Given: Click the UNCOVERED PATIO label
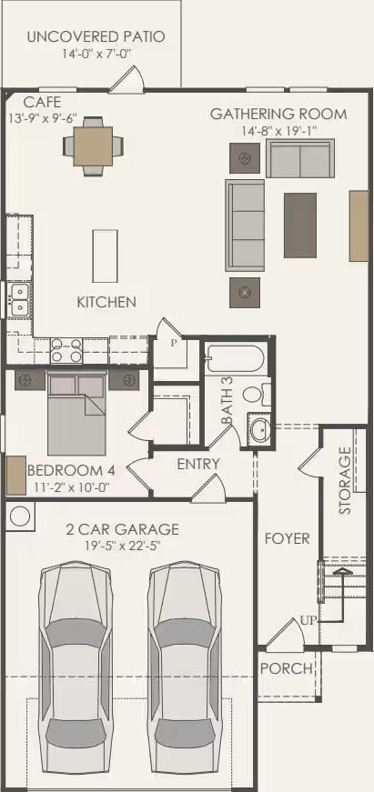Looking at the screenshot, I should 96,37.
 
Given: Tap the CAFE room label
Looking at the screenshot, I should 43,102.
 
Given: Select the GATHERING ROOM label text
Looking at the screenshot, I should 278,114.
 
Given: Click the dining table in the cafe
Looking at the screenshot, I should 92,144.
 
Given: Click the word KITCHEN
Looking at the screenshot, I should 106,302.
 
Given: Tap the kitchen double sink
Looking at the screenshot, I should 18,299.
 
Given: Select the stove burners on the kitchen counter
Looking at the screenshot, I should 66,346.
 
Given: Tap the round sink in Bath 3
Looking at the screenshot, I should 259,431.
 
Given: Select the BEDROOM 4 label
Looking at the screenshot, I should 71,471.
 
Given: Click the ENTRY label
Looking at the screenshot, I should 198,464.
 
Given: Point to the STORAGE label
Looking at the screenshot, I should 345,480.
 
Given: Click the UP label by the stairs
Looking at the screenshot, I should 309,620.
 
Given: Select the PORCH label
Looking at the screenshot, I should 286,668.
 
